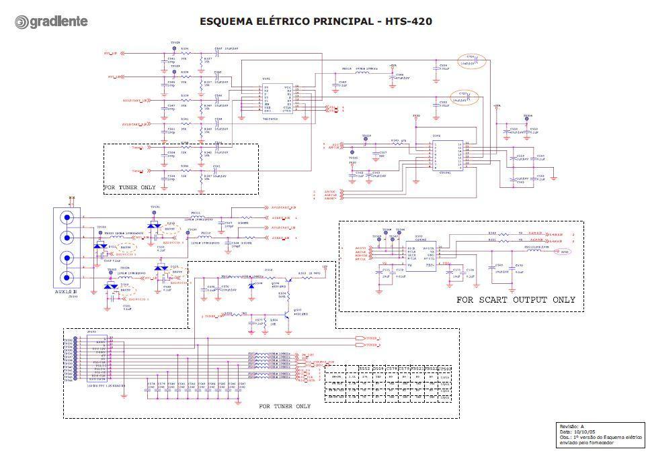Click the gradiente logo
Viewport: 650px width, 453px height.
(x=51, y=22)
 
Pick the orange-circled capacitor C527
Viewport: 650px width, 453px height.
(x=464, y=97)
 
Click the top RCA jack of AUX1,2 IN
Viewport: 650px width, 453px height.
(x=67, y=217)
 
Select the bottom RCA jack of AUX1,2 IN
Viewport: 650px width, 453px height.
(x=67, y=277)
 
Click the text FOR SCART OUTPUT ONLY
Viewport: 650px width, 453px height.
(x=516, y=300)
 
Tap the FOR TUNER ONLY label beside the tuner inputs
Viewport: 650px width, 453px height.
(x=130, y=187)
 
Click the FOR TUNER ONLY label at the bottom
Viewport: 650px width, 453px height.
(x=284, y=406)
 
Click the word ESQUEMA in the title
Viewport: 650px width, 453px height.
(x=227, y=21)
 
